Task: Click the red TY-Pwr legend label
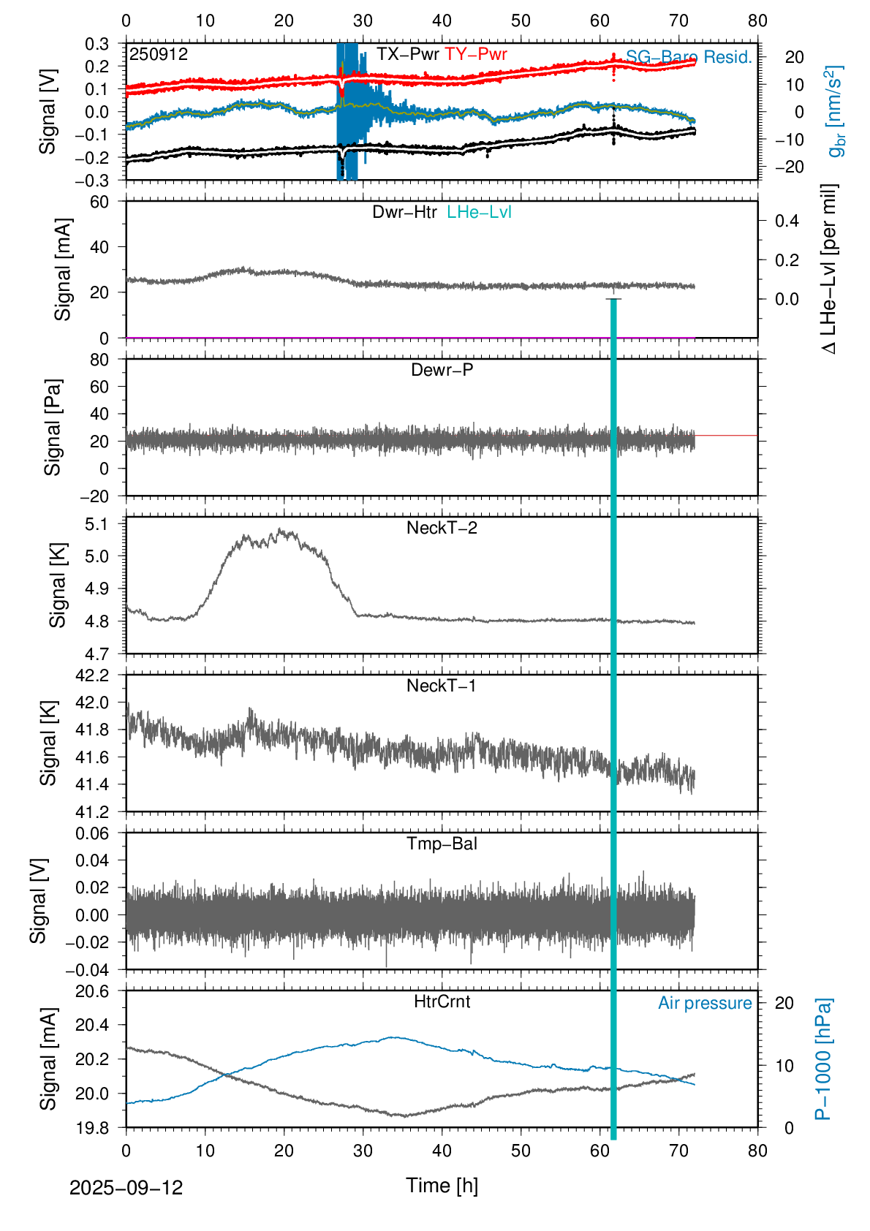point(476,55)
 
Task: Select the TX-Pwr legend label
point(408,55)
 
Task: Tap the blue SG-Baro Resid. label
point(689,58)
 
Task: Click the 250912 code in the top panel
point(159,55)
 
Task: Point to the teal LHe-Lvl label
point(479,213)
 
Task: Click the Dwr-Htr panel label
point(404,213)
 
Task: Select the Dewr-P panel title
point(442,371)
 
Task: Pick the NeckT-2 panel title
point(442,529)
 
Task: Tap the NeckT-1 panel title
point(442,686)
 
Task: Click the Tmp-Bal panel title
point(442,844)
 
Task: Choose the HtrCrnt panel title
point(442,1002)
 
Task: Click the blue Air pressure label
point(705,1004)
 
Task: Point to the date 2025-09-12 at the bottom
point(126,1188)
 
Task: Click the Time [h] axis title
point(442,1186)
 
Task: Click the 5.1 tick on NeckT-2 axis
point(96,524)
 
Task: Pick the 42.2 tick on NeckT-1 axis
point(92,675)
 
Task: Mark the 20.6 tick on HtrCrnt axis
point(92,992)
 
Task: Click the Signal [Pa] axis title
point(53,427)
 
